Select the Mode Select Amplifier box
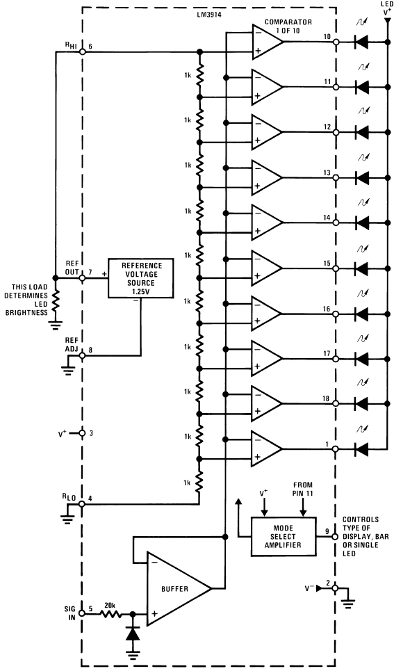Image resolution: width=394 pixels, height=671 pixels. [283, 536]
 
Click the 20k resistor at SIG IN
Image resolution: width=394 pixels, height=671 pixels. [110, 613]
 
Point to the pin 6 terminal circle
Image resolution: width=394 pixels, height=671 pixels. [82, 51]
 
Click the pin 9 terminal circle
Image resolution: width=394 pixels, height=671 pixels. [336, 537]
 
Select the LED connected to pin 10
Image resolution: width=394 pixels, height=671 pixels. [362, 42]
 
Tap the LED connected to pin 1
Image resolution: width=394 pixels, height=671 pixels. [362, 448]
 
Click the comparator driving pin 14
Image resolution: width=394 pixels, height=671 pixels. [267, 223]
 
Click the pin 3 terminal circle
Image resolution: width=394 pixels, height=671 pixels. [82, 433]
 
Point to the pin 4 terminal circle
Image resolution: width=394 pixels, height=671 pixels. [82, 504]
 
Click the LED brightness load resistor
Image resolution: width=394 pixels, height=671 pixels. [55, 301]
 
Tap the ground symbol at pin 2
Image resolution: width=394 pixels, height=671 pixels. [350, 604]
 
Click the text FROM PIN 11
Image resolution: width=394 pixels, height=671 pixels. [302, 489]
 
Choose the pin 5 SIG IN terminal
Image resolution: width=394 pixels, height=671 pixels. [82, 613]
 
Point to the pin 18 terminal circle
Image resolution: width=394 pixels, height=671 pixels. [336, 403]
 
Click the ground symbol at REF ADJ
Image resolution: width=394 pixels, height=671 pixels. [67, 369]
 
